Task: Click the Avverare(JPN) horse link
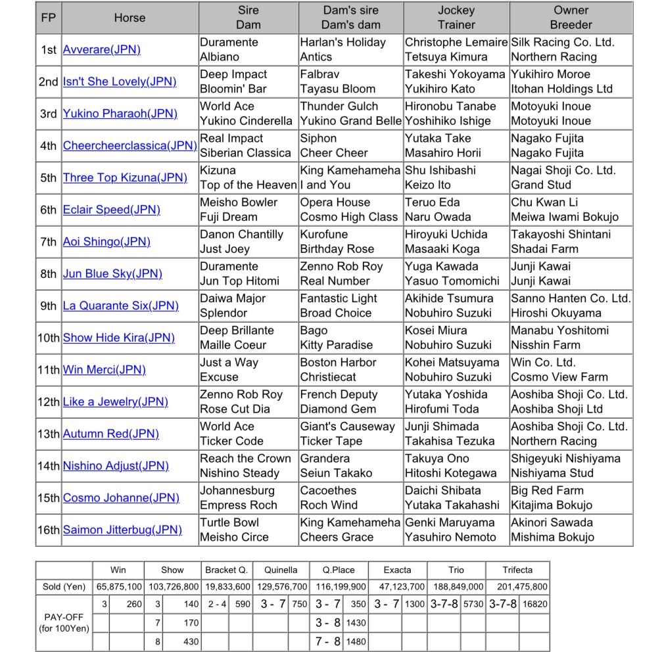point(101,49)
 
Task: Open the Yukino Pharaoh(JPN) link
point(120,114)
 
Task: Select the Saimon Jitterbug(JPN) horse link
point(122,530)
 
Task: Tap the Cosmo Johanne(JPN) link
point(121,497)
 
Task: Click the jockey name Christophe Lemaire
point(456,42)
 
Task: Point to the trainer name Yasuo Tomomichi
point(452,281)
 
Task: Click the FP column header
point(48,18)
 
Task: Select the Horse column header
point(130,18)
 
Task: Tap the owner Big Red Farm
point(547,490)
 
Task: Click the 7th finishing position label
point(48,242)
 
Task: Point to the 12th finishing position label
point(48,402)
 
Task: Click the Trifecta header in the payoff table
point(517,570)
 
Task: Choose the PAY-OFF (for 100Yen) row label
point(64,623)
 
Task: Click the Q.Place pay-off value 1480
point(356,641)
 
